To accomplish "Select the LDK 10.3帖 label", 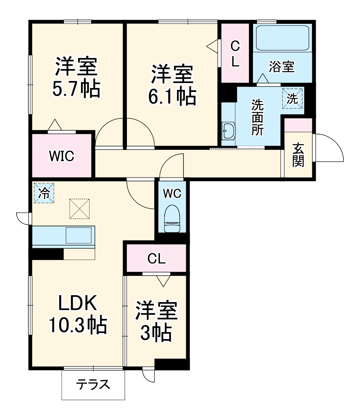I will pyautogui.click(x=77, y=314).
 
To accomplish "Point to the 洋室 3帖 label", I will pyautogui.click(x=156, y=322).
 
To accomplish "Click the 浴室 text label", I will pyautogui.click(x=282, y=67).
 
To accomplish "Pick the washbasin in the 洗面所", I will pyautogui.click(x=229, y=131).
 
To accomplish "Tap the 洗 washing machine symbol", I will pyautogui.click(x=292, y=98).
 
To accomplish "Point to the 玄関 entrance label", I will pyautogui.click(x=298, y=155).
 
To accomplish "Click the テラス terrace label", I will pyautogui.click(x=93, y=384).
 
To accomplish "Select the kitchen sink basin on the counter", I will pyautogui.click(x=78, y=235).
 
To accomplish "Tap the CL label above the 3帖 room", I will pyautogui.click(x=157, y=259).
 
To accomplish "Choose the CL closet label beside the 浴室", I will pyautogui.click(x=235, y=53).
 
